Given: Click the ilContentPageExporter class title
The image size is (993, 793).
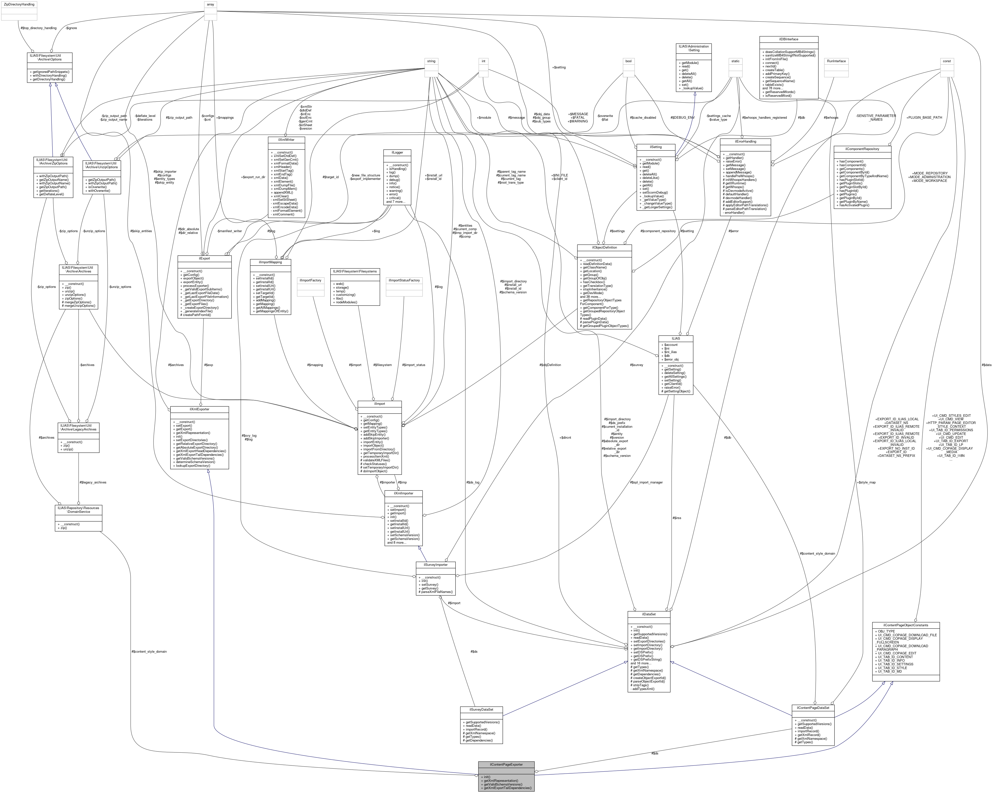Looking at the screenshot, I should [x=506, y=764].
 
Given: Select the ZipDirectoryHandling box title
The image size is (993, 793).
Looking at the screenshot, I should [x=19, y=4].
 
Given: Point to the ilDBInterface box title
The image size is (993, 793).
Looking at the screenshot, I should [x=789, y=39].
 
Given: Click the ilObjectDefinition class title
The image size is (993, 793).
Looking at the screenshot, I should [x=604, y=247].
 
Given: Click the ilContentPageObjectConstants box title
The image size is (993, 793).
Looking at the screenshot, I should [x=905, y=625].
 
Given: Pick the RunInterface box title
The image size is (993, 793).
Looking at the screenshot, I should [x=836, y=61].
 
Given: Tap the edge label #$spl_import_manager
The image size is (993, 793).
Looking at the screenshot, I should [x=646, y=482].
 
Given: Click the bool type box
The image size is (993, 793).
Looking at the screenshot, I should [x=628, y=61].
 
